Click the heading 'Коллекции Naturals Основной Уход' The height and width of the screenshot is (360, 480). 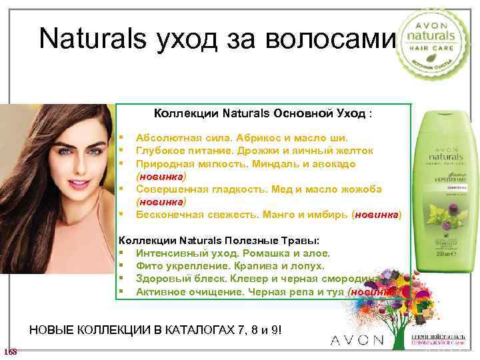pos(263,114)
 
